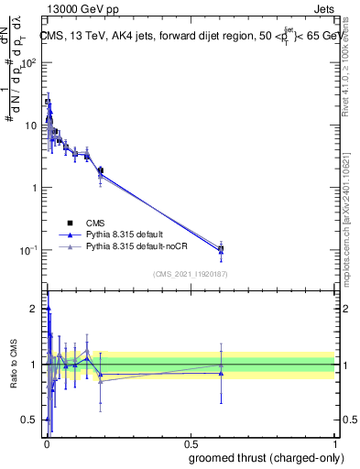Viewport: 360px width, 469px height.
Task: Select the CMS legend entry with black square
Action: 70,223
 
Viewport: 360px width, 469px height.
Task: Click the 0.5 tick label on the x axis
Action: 190,442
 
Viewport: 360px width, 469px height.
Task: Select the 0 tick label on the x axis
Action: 46,442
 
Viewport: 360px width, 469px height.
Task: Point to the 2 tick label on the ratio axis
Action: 36,309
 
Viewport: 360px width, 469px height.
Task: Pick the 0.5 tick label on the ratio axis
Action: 33,420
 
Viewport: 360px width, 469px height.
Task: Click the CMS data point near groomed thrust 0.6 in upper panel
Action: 221,248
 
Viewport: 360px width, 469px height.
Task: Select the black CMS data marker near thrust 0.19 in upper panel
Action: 101,170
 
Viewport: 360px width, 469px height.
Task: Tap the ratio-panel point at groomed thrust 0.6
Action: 221,365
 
